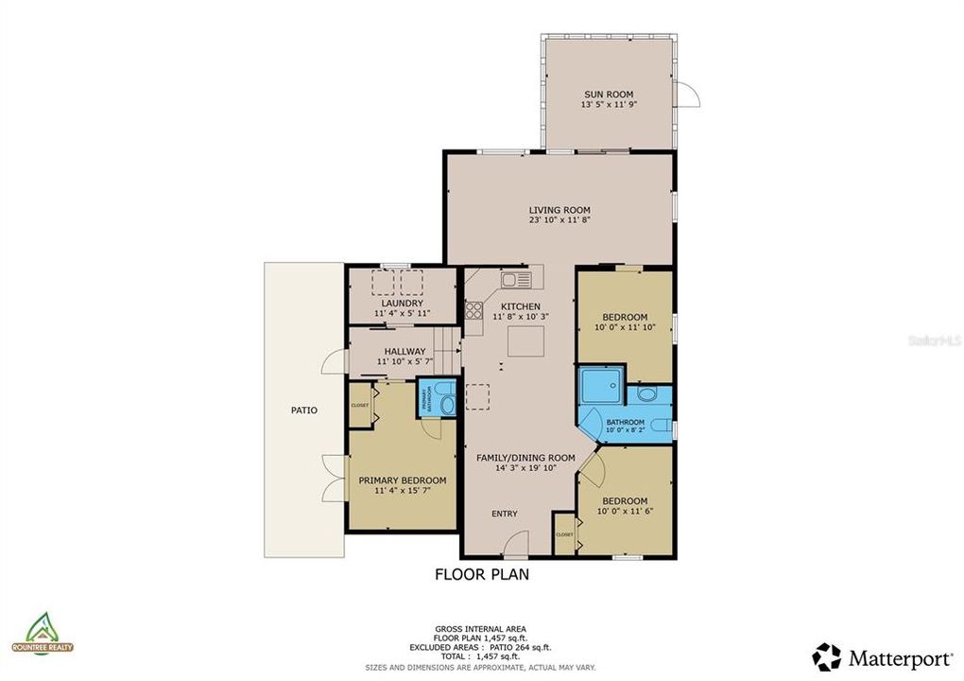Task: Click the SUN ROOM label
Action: [x=608, y=94]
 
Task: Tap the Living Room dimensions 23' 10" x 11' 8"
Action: [x=559, y=220]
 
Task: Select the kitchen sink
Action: [x=516, y=279]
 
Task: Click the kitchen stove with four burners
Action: [x=473, y=310]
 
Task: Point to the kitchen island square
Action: [x=525, y=340]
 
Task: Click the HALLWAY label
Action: [x=405, y=351]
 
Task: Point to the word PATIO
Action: [x=303, y=410]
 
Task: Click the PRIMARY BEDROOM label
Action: [x=402, y=480]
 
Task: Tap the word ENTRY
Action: [x=504, y=514]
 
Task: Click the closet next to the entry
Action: [x=564, y=534]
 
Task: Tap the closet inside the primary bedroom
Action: [x=360, y=405]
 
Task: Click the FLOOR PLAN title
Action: [x=481, y=573]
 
